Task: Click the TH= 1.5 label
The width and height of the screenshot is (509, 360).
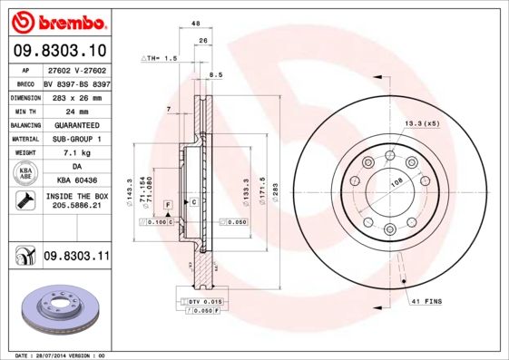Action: coord(159,57)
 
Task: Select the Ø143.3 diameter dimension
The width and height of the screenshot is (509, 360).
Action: coord(131,191)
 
